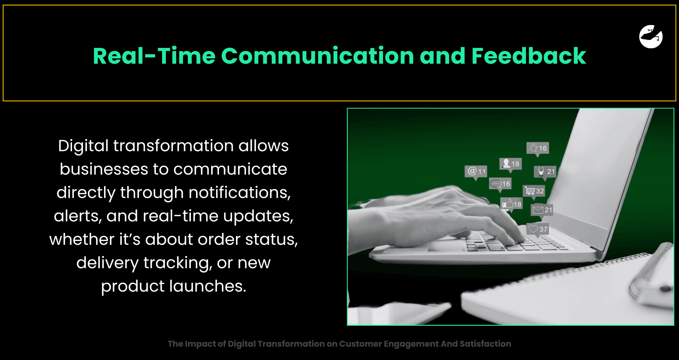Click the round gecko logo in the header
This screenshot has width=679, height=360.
tap(651, 36)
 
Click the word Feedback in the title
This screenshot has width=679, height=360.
tap(529, 56)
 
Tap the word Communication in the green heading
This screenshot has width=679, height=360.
tap(318, 56)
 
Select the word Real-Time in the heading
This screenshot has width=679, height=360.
tap(154, 56)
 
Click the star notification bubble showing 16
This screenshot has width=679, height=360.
tap(537, 148)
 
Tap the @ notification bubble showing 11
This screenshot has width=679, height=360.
tap(476, 171)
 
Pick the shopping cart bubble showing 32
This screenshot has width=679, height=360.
tap(534, 191)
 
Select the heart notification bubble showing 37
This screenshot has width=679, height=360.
tap(537, 229)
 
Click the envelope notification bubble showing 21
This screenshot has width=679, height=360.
tap(542, 210)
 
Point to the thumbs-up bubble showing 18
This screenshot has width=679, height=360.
tap(511, 204)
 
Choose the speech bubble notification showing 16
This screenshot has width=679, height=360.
tap(500, 184)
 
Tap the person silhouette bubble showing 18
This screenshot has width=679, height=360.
tap(510, 164)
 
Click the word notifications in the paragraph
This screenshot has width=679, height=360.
tap(240, 193)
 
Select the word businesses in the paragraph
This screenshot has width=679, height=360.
tap(104, 169)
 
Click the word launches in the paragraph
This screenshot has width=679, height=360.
tap(208, 286)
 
